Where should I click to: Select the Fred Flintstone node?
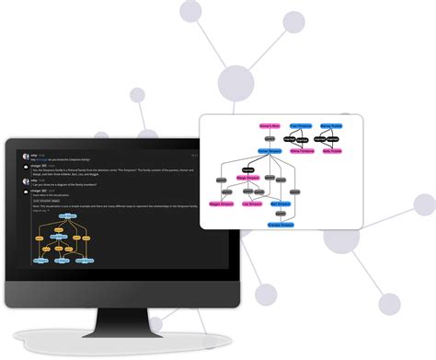coord(301,125)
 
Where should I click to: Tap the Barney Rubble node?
coord(331,125)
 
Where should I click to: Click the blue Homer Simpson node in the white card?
coord(270,150)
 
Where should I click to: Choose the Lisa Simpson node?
coord(253,203)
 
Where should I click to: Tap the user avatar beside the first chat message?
coord(26,157)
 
